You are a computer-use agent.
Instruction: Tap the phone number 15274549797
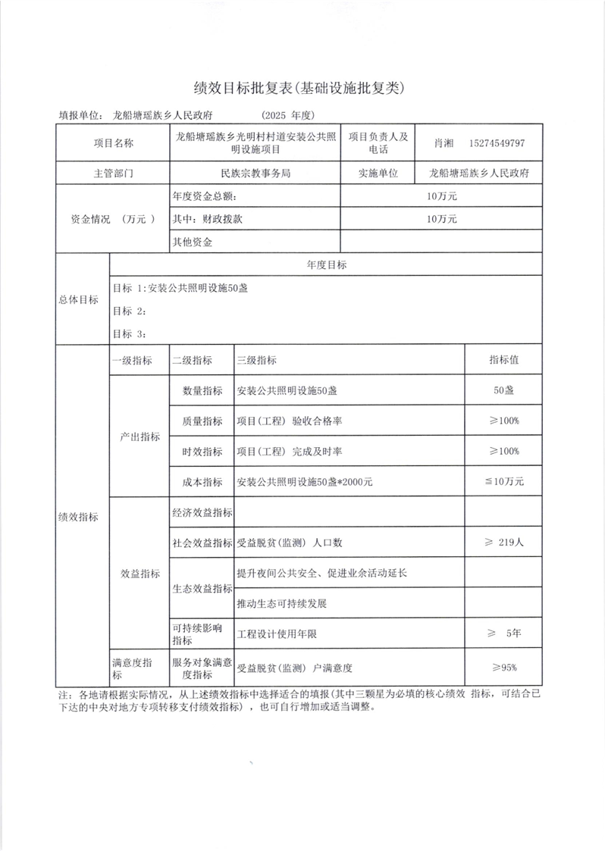click(497, 142)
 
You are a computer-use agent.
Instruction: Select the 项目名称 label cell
click(113, 142)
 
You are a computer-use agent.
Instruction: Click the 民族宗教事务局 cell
click(255, 173)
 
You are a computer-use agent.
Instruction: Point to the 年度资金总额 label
click(205, 196)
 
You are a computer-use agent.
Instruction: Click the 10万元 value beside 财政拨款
click(442, 219)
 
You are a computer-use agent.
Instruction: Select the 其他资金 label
click(193, 242)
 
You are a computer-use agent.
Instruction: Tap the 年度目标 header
click(326, 265)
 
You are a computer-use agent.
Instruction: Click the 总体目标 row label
click(79, 299)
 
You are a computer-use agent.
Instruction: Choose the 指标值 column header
click(503, 361)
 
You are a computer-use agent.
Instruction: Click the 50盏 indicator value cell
click(503, 391)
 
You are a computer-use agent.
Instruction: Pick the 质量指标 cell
click(202, 421)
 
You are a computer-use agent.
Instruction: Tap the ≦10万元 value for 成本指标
click(503, 481)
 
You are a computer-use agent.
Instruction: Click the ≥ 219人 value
click(503, 543)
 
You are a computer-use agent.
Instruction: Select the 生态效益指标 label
click(202, 589)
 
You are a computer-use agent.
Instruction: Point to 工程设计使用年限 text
click(277, 633)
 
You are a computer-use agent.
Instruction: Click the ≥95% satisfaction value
click(503, 668)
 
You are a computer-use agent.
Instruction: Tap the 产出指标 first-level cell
click(140, 436)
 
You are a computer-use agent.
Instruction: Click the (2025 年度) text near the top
click(287, 116)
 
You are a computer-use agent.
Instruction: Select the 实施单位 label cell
click(378, 173)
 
